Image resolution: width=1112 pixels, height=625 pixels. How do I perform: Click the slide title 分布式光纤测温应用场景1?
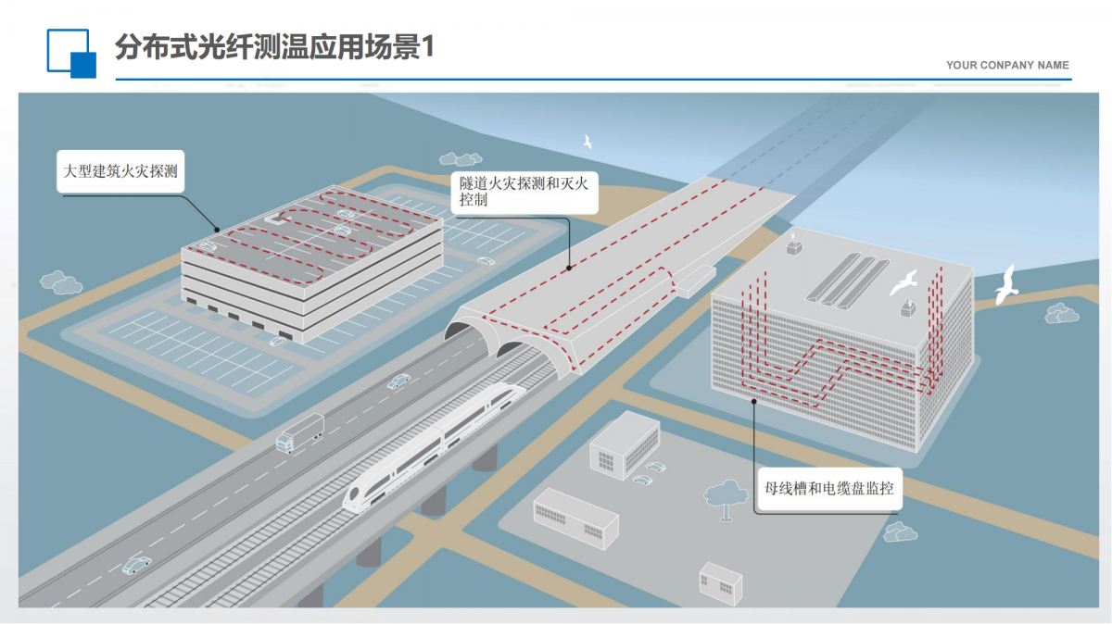tap(274, 47)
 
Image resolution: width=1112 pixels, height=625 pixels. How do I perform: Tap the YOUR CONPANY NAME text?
tap(1007, 66)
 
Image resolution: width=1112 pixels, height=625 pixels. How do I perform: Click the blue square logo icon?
tap(71, 53)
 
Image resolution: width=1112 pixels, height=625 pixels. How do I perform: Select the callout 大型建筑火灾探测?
tap(121, 171)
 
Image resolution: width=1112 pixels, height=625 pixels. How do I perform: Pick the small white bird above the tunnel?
tap(587, 142)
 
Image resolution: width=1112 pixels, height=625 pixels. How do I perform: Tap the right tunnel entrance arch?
tap(512, 350)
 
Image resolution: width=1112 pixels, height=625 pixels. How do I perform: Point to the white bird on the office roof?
tap(903, 281)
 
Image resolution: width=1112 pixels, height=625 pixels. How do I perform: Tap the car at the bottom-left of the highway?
tap(136, 564)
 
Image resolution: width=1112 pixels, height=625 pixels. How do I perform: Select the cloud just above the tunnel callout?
tap(461, 159)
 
